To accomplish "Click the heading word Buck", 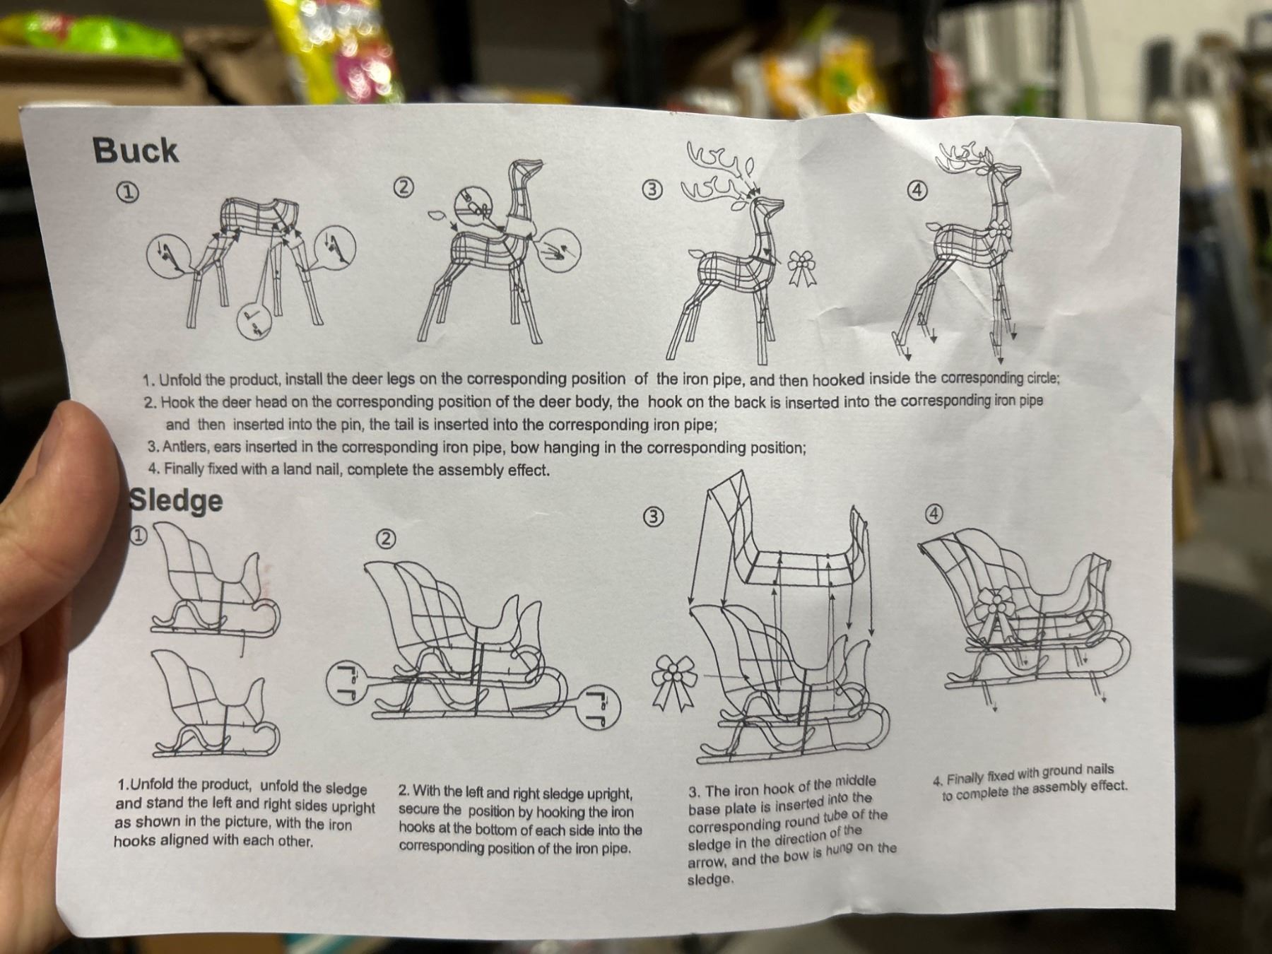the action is pyautogui.click(x=135, y=151).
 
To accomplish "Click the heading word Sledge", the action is pyautogui.click(x=176, y=500).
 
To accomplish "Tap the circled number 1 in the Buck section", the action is pyautogui.click(x=127, y=193).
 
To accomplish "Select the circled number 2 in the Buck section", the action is pyautogui.click(x=404, y=188).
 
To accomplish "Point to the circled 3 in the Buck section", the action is pyautogui.click(x=652, y=189).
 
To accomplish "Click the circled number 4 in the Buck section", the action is pyautogui.click(x=917, y=190).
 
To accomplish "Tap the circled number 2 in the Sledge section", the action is pyautogui.click(x=386, y=539).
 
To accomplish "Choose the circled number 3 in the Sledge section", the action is pyautogui.click(x=654, y=517).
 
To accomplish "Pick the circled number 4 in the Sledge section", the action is pyautogui.click(x=934, y=514).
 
